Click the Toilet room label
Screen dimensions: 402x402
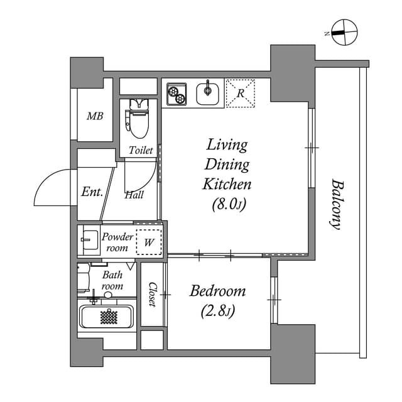[141, 151]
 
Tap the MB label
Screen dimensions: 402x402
[95, 116]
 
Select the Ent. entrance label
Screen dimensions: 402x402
[92, 193]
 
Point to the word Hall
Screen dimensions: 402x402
[134, 195]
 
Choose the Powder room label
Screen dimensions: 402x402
[117, 242]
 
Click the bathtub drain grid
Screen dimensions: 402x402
[109, 317]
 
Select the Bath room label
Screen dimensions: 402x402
[112, 280]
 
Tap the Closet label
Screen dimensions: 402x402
[153, 294]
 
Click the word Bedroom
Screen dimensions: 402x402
[217, 292]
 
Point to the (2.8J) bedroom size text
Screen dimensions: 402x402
[217, 311]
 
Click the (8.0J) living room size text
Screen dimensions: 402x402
[227, 204]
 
